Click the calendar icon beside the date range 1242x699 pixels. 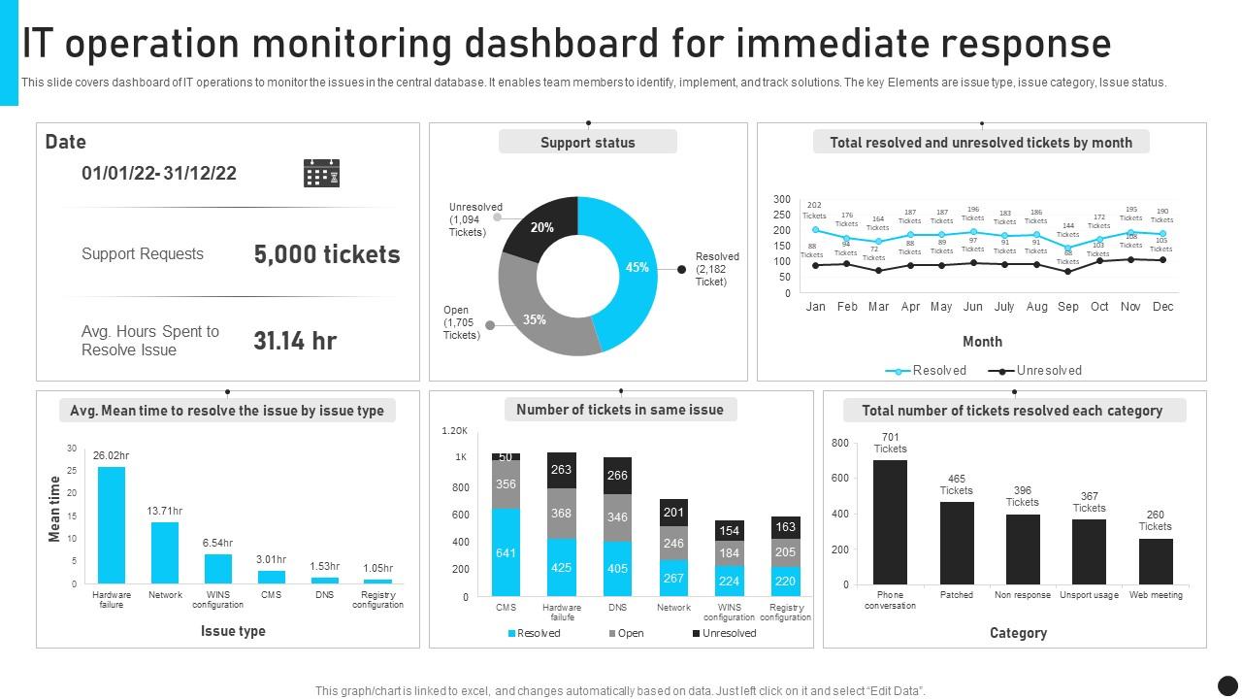(x=321, y=174)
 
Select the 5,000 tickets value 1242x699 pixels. (x=327, y=254)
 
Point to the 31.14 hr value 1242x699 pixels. (x=295, y=341)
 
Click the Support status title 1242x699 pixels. (x=588, y=143)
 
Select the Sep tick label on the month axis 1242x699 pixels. (x=1068, y=307)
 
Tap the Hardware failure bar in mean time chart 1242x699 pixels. (x=112, y=524)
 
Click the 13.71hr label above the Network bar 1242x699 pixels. (x=165, y=511)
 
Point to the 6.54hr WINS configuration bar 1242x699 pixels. (x=218, y=568)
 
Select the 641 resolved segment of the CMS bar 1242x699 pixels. (x=506, y=552)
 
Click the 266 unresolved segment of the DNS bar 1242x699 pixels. (x=617, y=476)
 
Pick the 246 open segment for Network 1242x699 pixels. (x=673, y=543)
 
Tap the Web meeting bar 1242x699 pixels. (x=1156, y=561)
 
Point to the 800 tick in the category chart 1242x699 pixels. (x=840, y=443)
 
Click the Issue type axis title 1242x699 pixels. (x=233, y=631)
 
